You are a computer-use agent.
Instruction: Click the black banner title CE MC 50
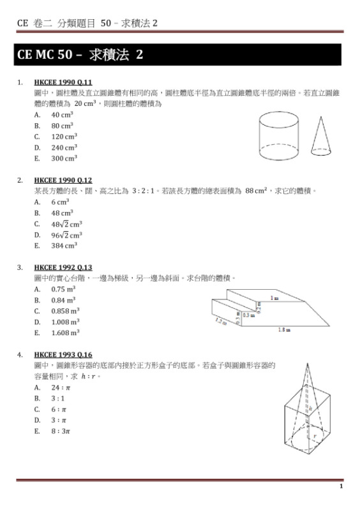tap(80, 55)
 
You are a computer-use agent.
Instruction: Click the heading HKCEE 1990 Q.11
tap(63, 82)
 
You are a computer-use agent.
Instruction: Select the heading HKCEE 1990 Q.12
tap(63, 180)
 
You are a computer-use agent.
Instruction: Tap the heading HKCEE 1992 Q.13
tap(63, 267)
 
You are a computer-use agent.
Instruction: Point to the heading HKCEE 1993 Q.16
tap(63, 355)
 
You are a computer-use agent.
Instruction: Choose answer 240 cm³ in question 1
tap(64, 147)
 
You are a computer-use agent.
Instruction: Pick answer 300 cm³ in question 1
tap(64, 158)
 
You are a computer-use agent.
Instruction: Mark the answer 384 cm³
tap(64, 245)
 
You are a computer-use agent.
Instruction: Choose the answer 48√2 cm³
tap(66, 224)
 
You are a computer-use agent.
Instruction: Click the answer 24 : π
tap(61, 387)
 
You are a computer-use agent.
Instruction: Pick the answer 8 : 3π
tap(61, 431)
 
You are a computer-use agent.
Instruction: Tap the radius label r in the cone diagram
tap(314, 437)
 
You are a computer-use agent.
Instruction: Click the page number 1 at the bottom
tap(341, 486)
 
